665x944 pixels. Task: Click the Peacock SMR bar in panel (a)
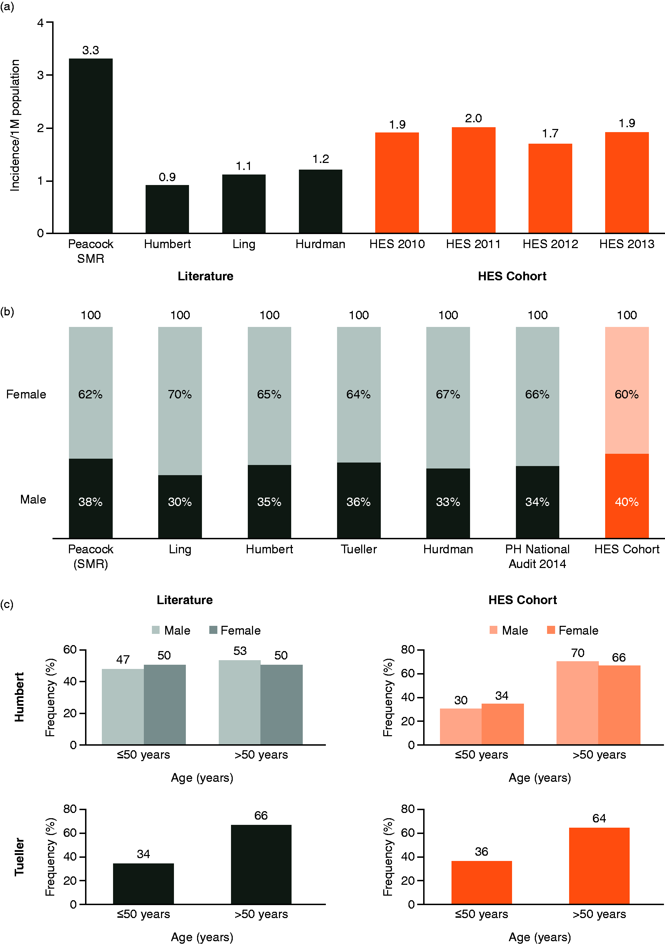click(x=90, y=146)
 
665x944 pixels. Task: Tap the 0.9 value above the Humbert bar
click(x=167, y=177)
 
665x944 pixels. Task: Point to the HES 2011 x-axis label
click(x=473, y=244)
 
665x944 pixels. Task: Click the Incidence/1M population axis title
click(x=15, y=125)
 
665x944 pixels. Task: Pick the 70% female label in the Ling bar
click(x=180, y=395)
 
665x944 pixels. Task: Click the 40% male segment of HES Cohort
click(x=627, y=496)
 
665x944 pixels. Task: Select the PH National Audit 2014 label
click(x=537, y=556)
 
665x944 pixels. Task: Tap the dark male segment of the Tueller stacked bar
click(x=359, y=501)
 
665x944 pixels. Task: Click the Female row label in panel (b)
click(x=26, y=394)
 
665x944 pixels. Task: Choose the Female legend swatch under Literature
click(x=213, y=630)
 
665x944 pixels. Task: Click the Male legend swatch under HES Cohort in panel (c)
click(x=493, y=630)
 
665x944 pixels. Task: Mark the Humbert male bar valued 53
click(x=239, y=702)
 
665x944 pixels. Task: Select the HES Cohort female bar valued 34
click(x=503, y=724)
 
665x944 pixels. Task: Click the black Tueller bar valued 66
click(x=261, y=865)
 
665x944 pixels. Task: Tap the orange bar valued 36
click(x=481, y=883)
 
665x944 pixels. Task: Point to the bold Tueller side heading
click(x=19, y=857)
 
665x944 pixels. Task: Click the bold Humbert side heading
click(x=19, y=697)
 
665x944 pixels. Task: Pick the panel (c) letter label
click(x=7, y=604)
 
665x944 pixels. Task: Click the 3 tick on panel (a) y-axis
click(x=40, y=75)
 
